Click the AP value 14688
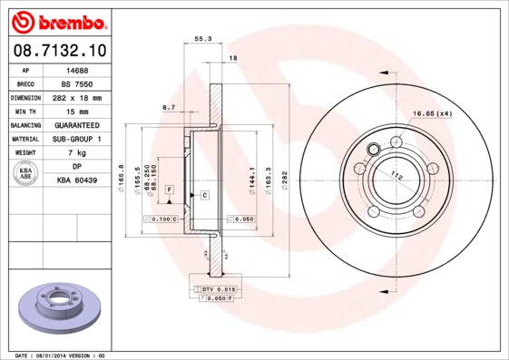(77, 69)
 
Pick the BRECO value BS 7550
(77, 83)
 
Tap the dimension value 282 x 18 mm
(77, 97)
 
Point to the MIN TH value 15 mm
(77, 111)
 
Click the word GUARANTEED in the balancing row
(77, 125)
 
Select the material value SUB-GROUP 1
(77, 139)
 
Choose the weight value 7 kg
(77, 153)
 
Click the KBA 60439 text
(77, 180)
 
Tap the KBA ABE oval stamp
(27, 174)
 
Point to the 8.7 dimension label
(169, 108)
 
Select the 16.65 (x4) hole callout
(433, 113)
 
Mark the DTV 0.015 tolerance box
(219, 288)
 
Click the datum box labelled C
(204, 195)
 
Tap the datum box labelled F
(169, 188)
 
